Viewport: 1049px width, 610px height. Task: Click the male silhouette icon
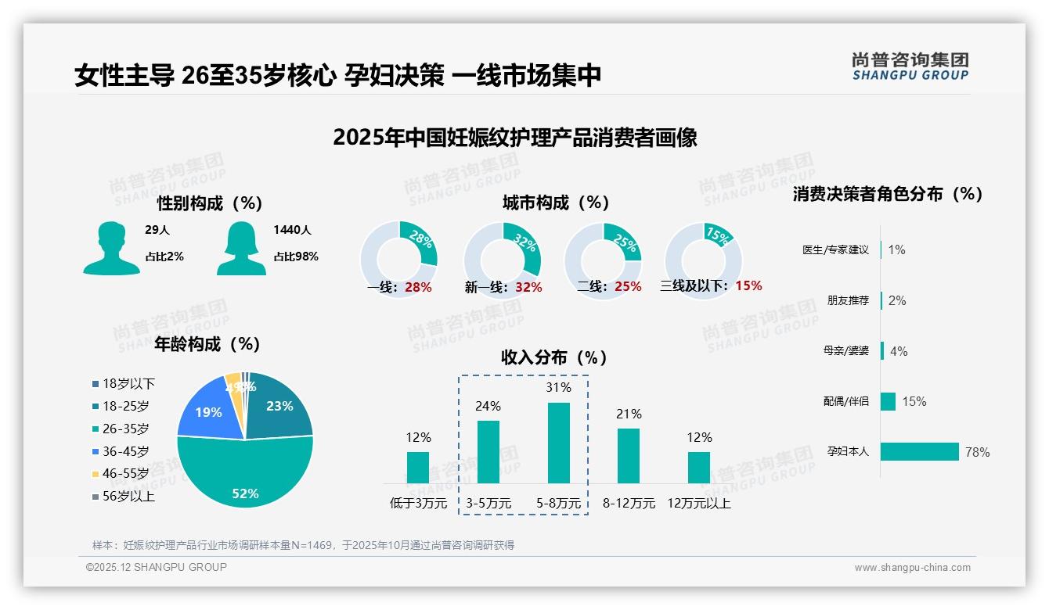(x=111, y=249)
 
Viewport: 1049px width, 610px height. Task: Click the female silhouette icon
(x=241, y=249)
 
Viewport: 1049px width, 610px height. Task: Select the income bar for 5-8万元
(x=558, y=443)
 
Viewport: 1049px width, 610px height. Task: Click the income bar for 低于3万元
(x=418, y=467)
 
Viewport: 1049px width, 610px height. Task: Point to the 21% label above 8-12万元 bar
(x=629, y=414)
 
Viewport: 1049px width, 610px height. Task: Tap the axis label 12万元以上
(x=698, y=504)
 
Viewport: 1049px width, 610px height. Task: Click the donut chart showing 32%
(x=502, y=260)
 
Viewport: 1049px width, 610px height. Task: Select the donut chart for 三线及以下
(x=702, y=260)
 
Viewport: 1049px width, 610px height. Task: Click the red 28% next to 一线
(x=418, y=287)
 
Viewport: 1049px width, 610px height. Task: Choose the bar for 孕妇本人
(x=921, y=451)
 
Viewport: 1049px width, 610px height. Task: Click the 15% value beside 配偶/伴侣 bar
(x=914, y=401)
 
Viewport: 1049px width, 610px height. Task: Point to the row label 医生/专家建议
(x=835, y=250)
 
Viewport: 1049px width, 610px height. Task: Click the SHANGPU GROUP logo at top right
(x=910, y=66)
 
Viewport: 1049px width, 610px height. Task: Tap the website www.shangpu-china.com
(x=912, y=568)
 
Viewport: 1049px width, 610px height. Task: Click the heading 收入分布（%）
(x=554, y=357)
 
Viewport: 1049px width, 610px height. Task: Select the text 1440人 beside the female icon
(x=292, y=230)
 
